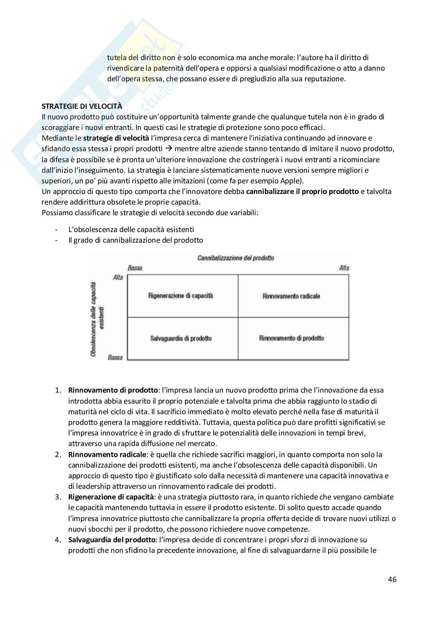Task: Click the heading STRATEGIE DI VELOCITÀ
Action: [82, 106]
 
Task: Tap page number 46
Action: [392, 579]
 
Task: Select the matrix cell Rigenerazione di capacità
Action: [181, 296]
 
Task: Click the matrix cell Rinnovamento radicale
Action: [291, 296]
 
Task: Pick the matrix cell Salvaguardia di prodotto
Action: [181, 338]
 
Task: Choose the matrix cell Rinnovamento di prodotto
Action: [292, 338]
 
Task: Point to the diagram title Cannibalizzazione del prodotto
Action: [235, 258]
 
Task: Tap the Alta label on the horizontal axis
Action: [344, 268]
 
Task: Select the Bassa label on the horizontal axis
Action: [135, 268]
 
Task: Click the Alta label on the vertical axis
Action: [118, 278]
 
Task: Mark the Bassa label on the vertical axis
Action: [115, 357]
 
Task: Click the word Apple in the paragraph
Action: [289, 181]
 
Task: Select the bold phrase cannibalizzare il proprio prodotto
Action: [302, 192]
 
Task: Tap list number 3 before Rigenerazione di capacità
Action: [58, 497]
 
